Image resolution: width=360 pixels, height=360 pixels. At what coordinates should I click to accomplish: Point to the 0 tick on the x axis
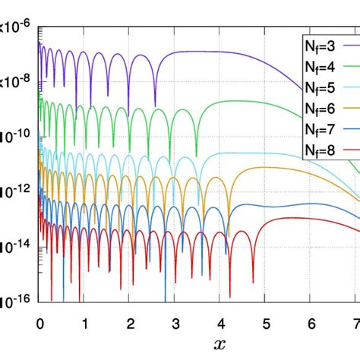[x=39, y=323]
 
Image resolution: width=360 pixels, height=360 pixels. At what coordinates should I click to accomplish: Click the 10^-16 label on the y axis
[x=16, y=301]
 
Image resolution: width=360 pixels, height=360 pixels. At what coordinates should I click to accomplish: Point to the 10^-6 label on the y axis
[x=16, y=27]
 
